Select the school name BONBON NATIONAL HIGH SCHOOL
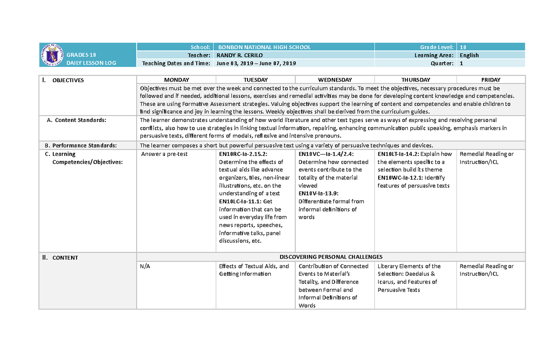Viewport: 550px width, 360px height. [x=264, y=47]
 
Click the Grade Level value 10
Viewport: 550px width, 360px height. [x=463, y=47]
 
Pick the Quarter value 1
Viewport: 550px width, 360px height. [x=461, y=63]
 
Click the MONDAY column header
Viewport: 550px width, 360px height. [x=176, y=80]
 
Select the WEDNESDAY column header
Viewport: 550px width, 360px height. [x=335, y=80]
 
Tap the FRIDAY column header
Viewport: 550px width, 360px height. [x=490, y=80]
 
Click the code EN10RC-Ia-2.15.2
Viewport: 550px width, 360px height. [x=243, y=154]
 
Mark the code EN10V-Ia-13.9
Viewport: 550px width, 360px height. [x=319, y=194]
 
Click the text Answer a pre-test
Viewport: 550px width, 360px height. [x=164, y=154]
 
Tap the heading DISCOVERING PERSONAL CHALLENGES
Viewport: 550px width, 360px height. [x=331, y=257]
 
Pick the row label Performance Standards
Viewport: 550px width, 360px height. [x=84, y=145]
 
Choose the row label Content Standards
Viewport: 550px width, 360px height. [x=81, y=120]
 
